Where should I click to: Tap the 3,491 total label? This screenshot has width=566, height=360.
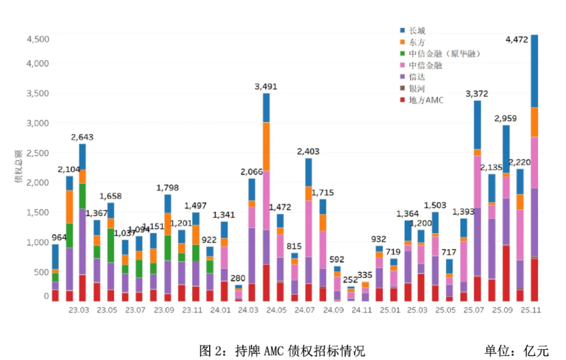coord(266,86)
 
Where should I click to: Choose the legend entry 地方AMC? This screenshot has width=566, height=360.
coord(425,100)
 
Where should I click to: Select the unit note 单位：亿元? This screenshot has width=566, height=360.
coord(517,350)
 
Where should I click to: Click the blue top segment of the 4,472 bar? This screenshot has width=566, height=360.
coord(534,71)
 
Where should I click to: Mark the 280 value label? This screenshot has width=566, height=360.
coord(238,278)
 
